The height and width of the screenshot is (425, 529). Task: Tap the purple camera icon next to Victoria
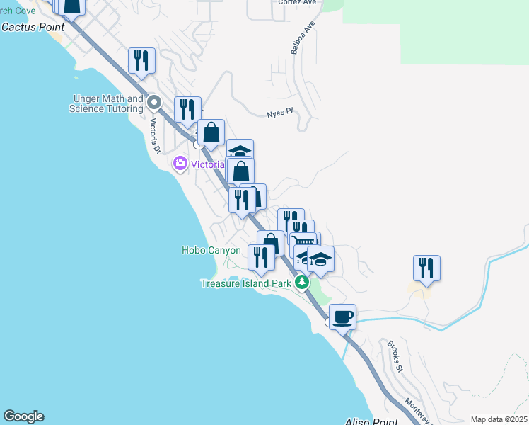click(180, 164)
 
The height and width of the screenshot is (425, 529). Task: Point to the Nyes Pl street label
click(279, 113)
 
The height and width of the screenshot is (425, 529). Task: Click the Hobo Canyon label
click(211, 250)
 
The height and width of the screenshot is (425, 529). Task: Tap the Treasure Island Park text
click(246, 283)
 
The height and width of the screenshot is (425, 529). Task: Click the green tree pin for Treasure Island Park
click(302, 283)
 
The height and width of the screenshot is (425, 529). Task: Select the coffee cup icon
click(342, 317)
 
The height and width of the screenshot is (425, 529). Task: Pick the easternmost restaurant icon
click(426, 268)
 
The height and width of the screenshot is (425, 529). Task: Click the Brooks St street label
click(395, 357)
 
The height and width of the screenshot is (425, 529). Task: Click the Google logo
click(23, 416)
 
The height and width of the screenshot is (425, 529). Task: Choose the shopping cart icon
click(305, 242)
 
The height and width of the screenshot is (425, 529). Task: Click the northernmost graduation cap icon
click(240, 151)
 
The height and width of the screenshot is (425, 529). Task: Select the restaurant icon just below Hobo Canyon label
click(261, 257)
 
